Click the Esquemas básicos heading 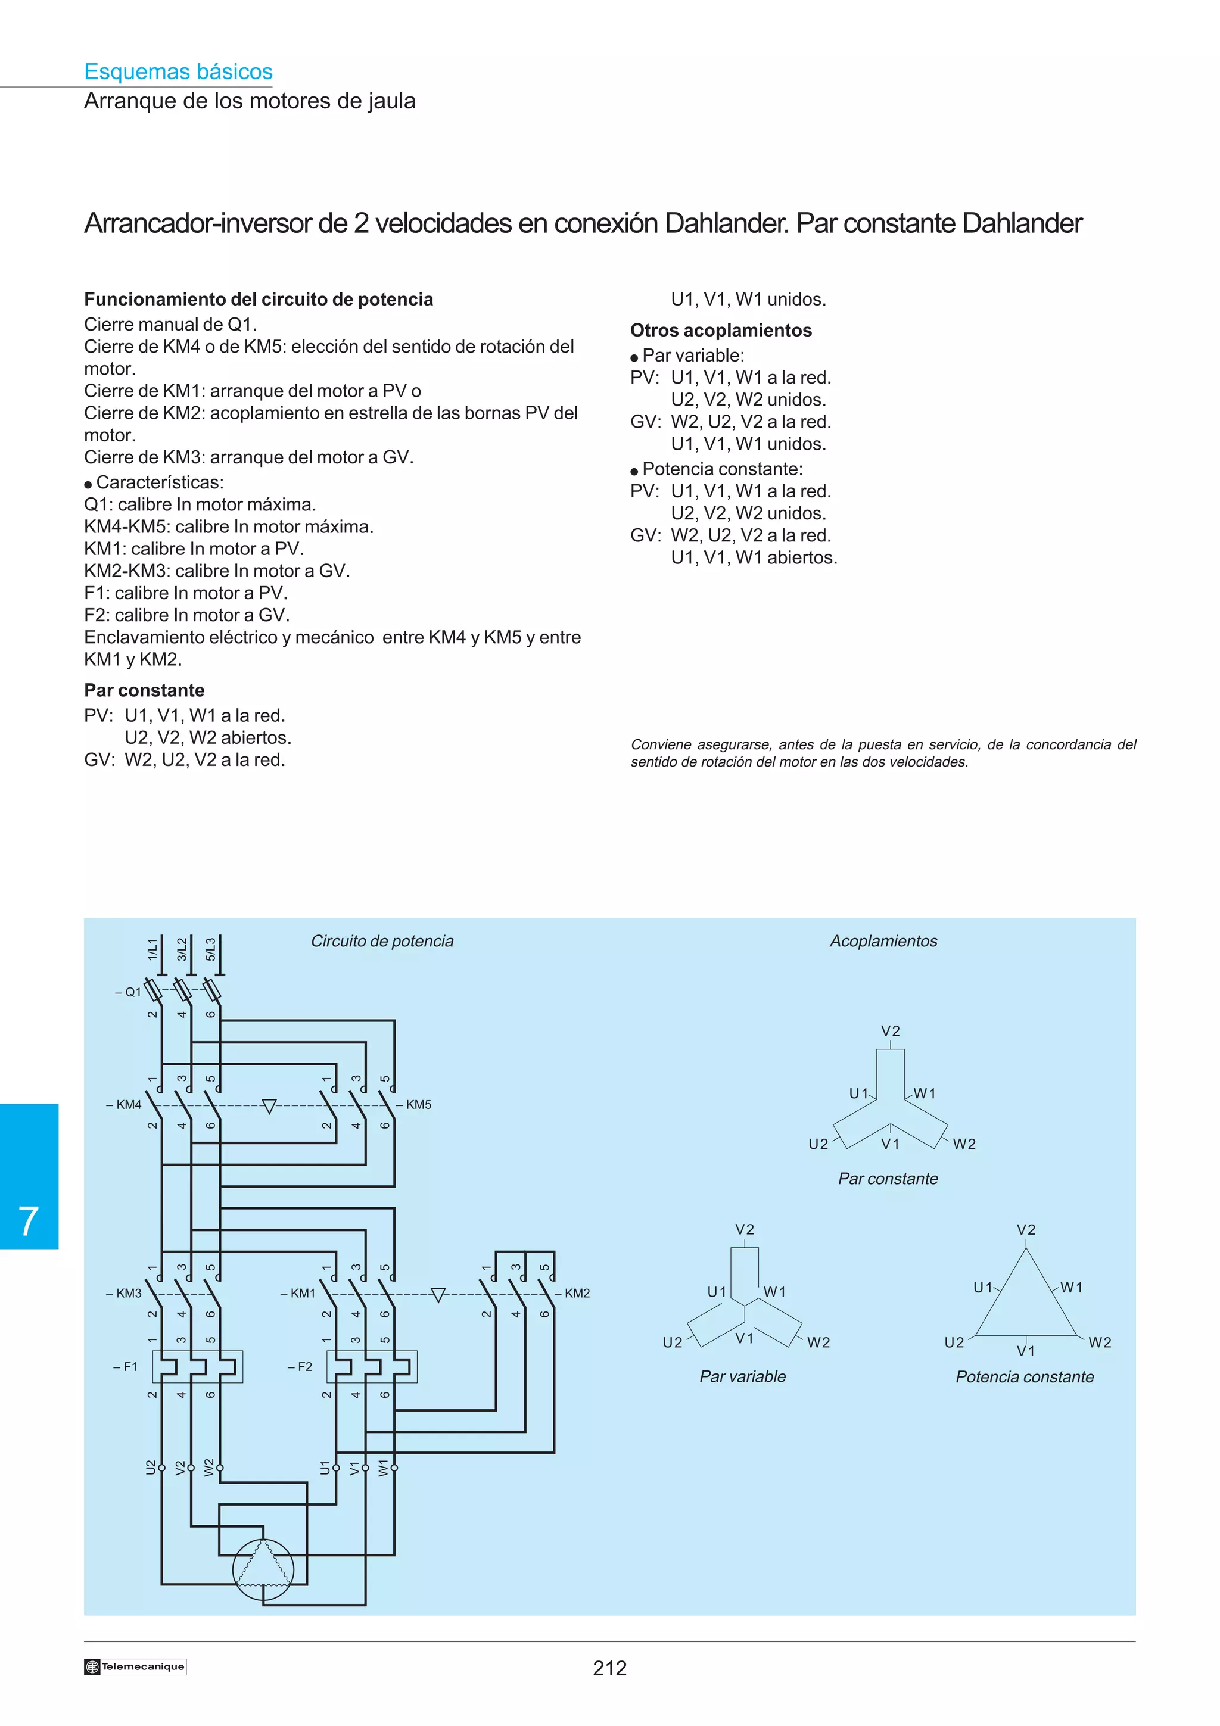coord(178,71)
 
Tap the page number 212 coord(609,1668)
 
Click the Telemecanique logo coord(135,1666)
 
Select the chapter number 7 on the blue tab coord(29,1220)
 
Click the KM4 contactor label coord(124,1104)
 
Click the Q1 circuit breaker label coord(129,992)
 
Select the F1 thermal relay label coord(126,1366)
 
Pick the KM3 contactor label coord(124,1293)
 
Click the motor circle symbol coord(263,1569)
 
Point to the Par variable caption coord(742,1376)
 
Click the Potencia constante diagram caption coord(1024,1376)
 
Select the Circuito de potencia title coord(382,941)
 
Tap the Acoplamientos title coord(883,941)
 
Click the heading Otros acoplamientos coord(720,330)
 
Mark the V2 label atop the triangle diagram coord(1025,1230)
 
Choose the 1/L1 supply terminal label coord(152,949)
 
